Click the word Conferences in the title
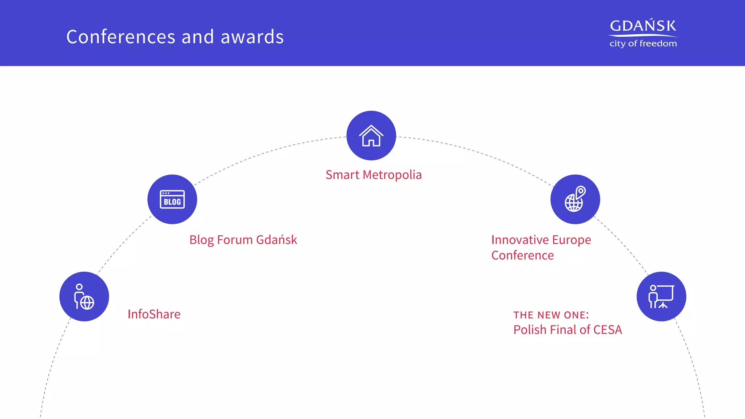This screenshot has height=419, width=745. pyautogui.click(x=121, y=37)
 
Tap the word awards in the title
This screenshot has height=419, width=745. pyautogui.click(x=252, y=37)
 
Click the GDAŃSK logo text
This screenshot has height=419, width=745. pyautogui.click(x=643, y=26)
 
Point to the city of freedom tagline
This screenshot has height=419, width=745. pyautogui.click(x=643, y=44)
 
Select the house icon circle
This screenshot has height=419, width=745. pyautogui.click(x=371, y=136)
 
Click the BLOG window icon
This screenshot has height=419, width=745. pyautogui.click(x=172, y=199)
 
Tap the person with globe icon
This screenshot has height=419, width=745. pyautogui.click(x=84, y=296)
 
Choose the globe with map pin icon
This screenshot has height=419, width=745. pyautogui.click(x=575, y=199)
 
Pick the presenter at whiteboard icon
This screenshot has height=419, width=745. pyautogui.click(x=661, y=296)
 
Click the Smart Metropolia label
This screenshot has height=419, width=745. pyautogui.click(x=374, y=175)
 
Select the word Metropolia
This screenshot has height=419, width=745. pyautogui.click(x=392, y=175)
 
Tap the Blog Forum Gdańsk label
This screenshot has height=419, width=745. pyautogui.click(x=243, y=240)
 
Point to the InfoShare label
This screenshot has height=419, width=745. pyautogui.click(x=154, y=314)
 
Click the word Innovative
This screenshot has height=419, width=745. pyautogui.click(x=520, y=240)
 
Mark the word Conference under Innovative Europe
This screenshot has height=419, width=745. pyautogui.click(x=522, y=255)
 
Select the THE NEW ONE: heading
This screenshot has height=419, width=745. pyautogui.click(x=551, y=315)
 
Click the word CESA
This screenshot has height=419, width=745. pyautogui.click(x=607, y=330)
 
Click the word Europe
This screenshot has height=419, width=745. pyautogui.click(x=571, y=240)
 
